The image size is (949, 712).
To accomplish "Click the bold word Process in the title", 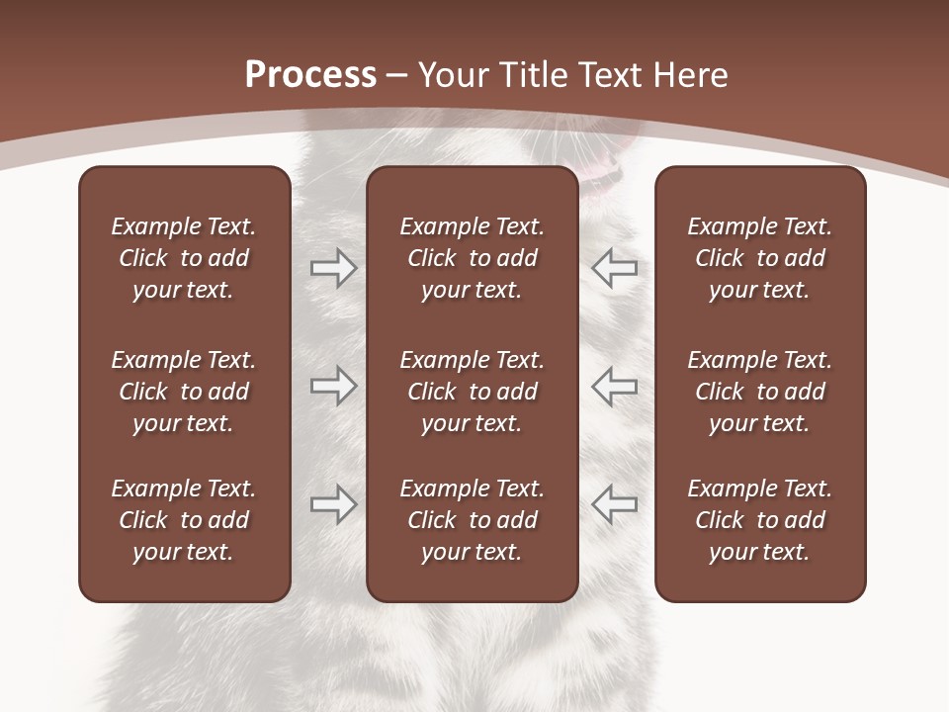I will point(310,75).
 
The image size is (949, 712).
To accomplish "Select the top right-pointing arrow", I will point(334,268).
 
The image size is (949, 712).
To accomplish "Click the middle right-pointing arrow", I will point(334,386).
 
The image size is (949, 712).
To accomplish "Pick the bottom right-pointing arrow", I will point(334,504).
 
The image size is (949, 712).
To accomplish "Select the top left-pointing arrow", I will point(615,268).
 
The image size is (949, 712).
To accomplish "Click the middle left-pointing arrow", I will point(615,386).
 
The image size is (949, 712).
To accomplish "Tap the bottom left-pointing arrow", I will point(615,504).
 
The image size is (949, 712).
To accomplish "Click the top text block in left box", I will point(184,258).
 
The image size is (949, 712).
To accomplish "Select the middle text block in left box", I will point(184,392).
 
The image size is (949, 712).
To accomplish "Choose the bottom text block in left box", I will point(184,520).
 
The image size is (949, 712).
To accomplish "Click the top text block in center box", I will point(472,258).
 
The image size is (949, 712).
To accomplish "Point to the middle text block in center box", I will point(472,392).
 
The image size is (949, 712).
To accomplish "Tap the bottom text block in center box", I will point(472,520).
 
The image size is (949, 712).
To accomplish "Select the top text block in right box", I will point(759,258).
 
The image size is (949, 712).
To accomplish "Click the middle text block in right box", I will point(759,392).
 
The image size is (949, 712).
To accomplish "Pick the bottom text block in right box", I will point(759,520).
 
